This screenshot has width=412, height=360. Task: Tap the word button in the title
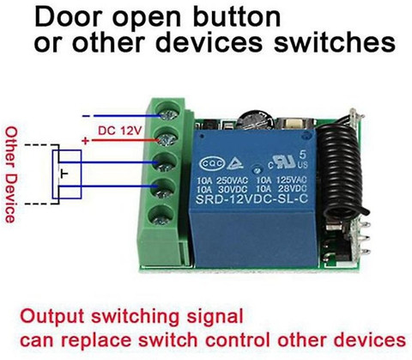[236, 16]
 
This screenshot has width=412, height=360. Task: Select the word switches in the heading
[335, 42]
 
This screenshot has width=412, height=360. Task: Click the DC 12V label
[120, 131]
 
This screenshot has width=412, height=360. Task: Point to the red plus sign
[85, 141]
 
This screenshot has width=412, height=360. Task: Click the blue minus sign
[86, 116]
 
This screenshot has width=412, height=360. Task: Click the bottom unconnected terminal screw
[165, 217]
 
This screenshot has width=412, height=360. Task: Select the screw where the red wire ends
[167, 139]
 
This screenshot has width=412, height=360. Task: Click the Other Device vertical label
[11, 174]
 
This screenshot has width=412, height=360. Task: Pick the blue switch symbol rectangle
[67, 174]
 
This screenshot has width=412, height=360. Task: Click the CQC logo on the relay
[212, 163]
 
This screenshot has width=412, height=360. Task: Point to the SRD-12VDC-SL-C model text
[251, 199]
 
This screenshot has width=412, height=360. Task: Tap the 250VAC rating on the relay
[232, 180]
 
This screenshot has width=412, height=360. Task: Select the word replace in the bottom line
[97, 341]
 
